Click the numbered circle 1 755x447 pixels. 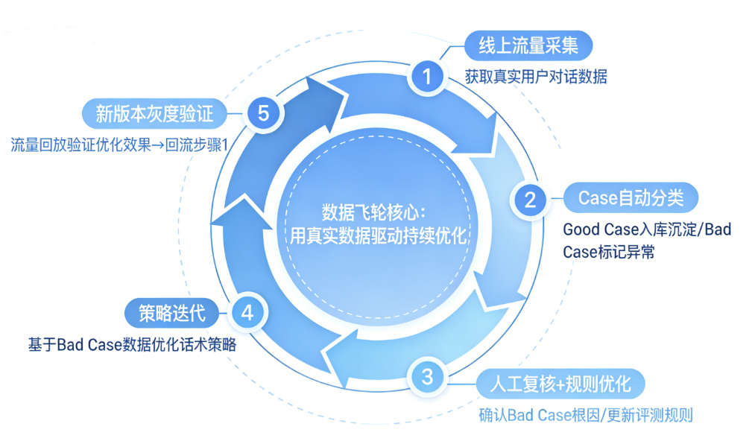(427, 75)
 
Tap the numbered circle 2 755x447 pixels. (531, 199)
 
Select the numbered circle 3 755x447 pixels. (426, 377)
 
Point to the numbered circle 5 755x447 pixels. (262, 113)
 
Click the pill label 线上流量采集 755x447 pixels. (528, 46)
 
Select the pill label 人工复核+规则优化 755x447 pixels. (560, 384)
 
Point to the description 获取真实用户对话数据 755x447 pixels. (536, 77)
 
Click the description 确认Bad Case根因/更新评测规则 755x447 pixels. (585, 415)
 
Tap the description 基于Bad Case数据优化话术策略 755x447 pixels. (132, 345)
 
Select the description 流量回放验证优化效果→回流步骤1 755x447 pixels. (118, 145)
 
